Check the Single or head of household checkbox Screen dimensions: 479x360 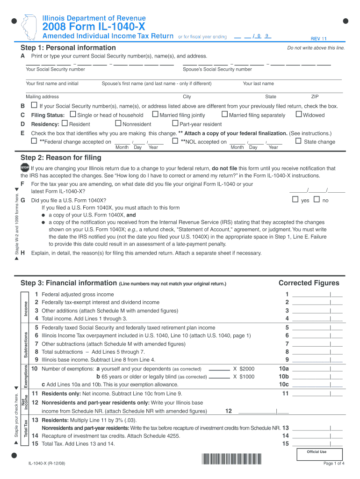72,115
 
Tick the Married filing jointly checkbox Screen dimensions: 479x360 155,115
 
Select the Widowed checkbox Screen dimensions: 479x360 299,115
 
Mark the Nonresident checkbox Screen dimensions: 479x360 118,123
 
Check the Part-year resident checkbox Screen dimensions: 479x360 175,123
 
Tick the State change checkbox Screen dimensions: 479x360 298,141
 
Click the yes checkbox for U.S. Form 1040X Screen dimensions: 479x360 295,200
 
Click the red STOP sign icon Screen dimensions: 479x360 25,168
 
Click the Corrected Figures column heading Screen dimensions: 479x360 309,283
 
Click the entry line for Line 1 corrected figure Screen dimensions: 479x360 317,295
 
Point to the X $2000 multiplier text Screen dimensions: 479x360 244,369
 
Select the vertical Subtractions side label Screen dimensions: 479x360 26,344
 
